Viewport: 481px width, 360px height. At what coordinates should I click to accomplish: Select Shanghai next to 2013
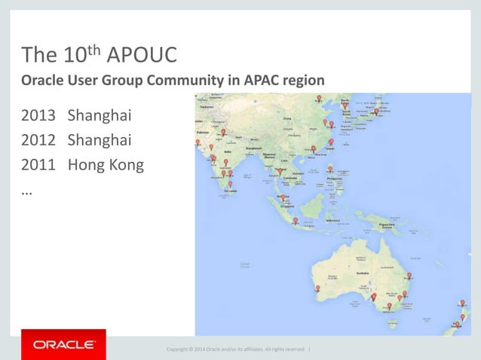coord(100,117)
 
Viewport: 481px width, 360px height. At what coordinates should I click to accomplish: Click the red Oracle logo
coord(63,345)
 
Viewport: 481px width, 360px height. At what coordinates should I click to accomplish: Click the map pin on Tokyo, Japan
coord(377,112)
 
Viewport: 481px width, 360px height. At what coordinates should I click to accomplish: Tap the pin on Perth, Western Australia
coord(317,289)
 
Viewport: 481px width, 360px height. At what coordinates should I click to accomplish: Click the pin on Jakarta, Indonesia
coord(296,222)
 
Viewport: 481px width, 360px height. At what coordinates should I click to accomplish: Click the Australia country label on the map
coord(364,273)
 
